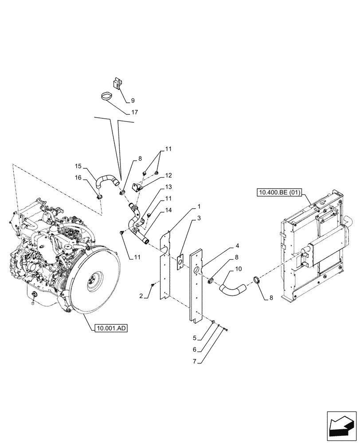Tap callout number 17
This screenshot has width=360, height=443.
134,113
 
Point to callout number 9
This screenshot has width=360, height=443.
133,101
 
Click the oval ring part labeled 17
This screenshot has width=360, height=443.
106,96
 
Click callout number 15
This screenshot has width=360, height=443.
78,166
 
